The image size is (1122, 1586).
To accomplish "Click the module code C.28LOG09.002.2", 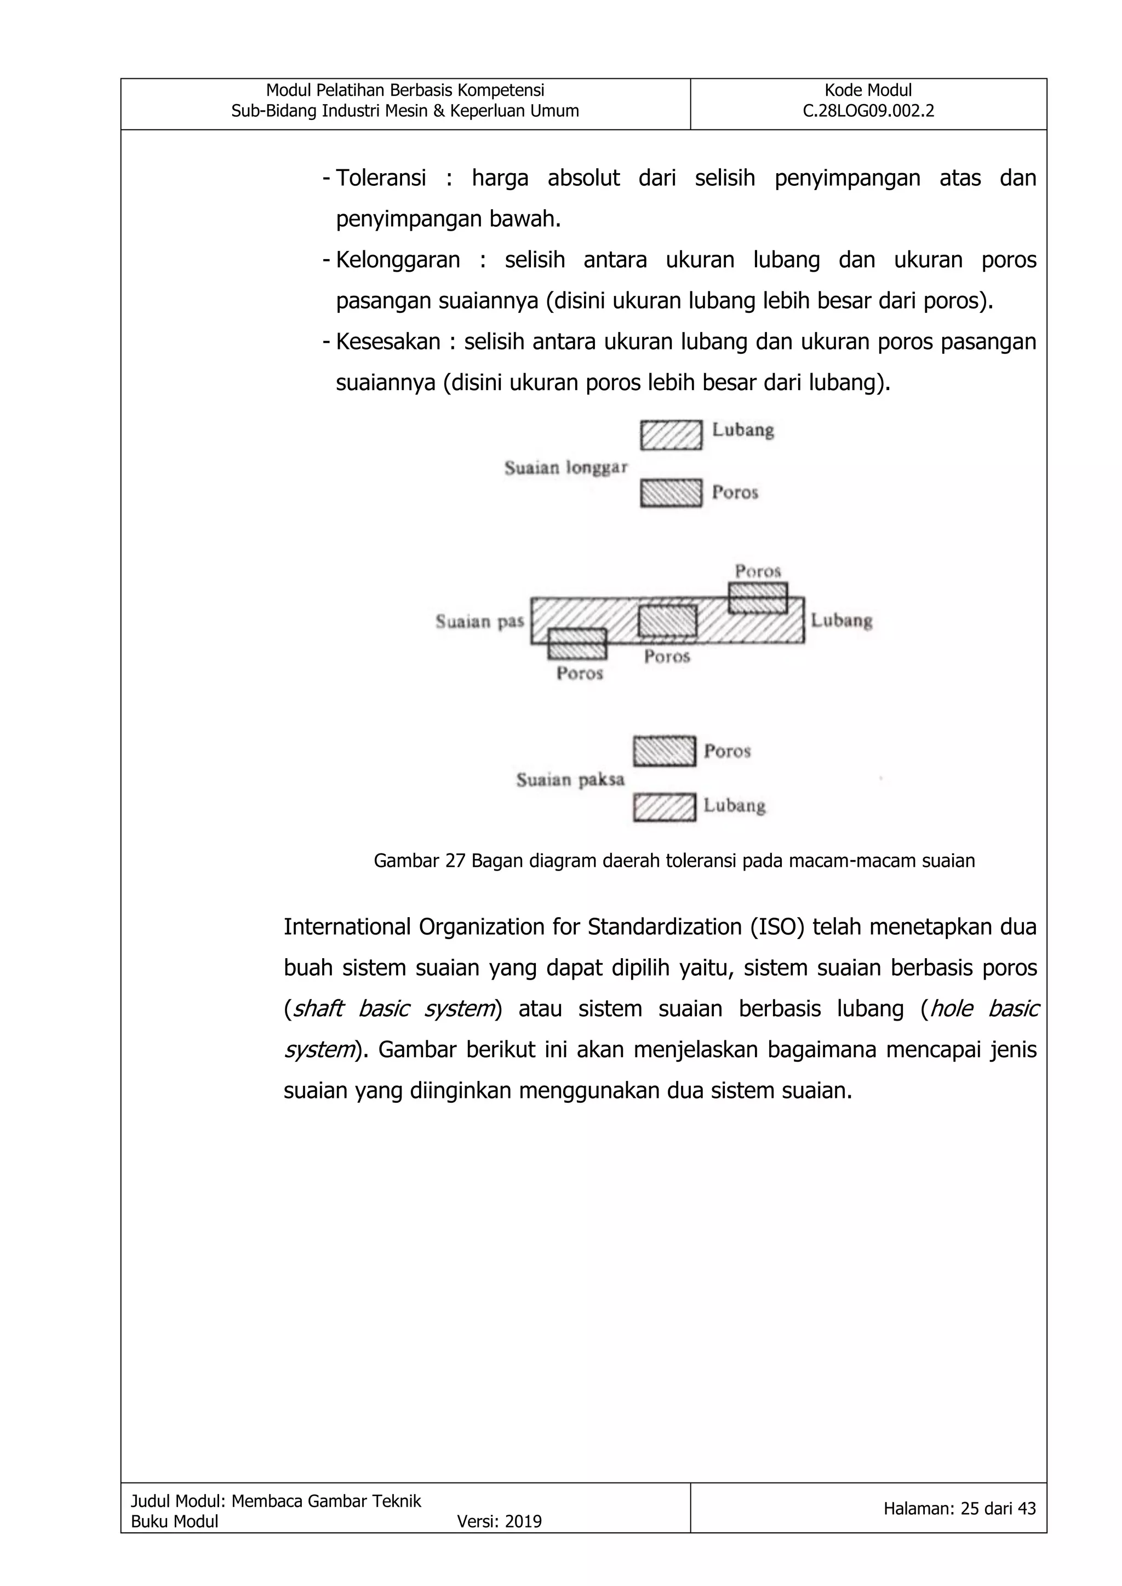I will coord(868,111).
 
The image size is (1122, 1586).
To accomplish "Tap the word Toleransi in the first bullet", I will coord(381,178).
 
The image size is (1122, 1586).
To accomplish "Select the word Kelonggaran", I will coord(398,260).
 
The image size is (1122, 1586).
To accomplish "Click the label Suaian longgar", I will coord(565,468).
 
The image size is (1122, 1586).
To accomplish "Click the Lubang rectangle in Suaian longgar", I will coord(671,435).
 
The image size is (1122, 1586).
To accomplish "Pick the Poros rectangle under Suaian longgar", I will coord(671,493).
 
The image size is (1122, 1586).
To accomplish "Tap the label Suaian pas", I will coord(479,622).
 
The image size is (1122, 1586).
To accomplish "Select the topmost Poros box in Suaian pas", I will coord(758,598).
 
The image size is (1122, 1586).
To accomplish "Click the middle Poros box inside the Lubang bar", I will coord(667,620).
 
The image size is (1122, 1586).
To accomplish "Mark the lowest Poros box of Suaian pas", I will coord(577,644).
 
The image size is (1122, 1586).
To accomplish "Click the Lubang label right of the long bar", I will coord(841,620).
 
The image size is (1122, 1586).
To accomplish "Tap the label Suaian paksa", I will coord(570,780).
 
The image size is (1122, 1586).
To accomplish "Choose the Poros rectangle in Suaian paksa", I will coord(664,752).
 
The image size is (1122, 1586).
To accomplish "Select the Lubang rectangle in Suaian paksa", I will coord(664,807).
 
